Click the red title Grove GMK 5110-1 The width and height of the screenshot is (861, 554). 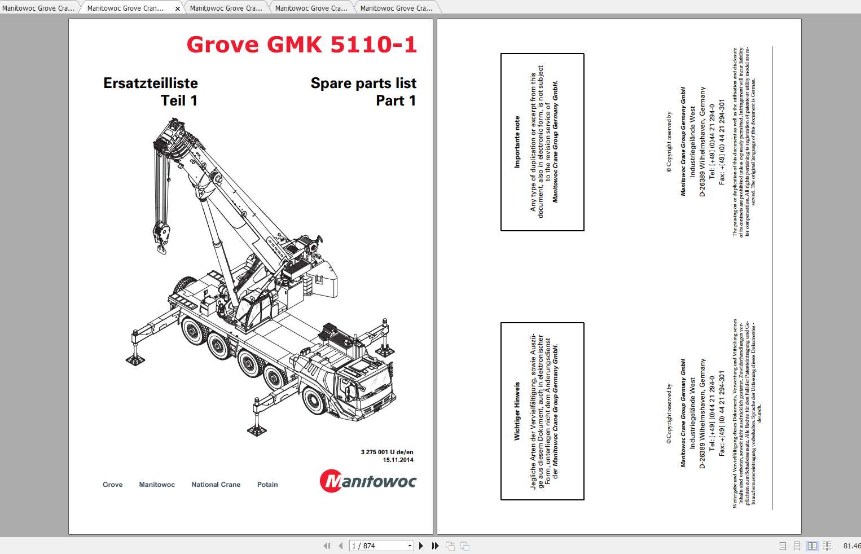[301, 45]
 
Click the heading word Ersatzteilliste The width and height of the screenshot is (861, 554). [151, 83]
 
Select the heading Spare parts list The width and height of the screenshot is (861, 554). [363, 83]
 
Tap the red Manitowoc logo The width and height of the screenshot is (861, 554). [368, 481]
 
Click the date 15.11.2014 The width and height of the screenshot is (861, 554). [398, 460]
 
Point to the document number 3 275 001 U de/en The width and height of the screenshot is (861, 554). [387, 452]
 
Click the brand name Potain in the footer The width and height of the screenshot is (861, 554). [267, 485]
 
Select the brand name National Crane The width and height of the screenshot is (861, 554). [216, 485]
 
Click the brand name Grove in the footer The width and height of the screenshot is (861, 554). [113, 485]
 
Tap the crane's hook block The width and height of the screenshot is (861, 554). [161, 237]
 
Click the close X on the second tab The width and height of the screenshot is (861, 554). [177, 8]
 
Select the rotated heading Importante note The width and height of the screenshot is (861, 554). [517, 142]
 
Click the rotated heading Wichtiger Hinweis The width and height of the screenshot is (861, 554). [517, 411]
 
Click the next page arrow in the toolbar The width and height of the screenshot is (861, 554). [421, 546]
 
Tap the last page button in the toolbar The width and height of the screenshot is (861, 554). [435, 546]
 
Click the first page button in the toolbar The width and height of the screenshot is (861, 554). [327, 546]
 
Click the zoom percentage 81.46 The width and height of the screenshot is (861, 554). [851, 546]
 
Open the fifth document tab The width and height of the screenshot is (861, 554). [396, 8]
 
